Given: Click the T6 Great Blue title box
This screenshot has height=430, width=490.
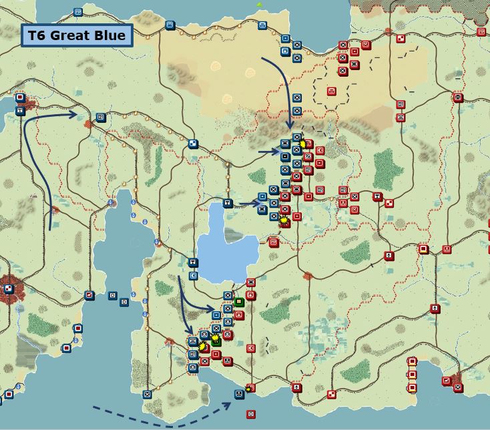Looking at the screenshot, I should click(77, 35).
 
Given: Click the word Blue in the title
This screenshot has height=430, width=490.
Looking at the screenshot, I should click(110, 35).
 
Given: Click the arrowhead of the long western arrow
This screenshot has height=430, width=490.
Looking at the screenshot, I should click(76, 115).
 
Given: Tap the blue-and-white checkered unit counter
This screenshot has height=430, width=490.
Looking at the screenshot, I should click(193, 144).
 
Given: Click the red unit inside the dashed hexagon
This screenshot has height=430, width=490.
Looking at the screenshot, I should click(331, 91).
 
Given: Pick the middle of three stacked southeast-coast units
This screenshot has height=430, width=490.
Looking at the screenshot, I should click(412, 375).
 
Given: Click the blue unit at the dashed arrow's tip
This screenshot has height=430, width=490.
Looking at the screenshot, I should click(239, 395).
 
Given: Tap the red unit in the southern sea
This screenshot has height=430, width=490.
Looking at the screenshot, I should click(251, 414).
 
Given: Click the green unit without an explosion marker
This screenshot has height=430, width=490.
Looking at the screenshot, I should click(239, 302).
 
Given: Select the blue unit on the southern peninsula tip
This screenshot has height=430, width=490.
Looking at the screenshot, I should click(148, 395).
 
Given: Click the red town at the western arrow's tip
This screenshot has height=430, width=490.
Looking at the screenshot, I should click(89, 123).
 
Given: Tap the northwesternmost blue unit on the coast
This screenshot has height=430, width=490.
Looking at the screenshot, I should click(78, 12).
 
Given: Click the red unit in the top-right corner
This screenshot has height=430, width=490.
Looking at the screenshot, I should click(481, 31).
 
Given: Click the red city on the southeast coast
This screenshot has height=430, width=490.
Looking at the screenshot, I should click(457, 382).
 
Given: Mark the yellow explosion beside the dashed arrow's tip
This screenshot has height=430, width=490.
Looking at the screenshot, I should click(249, 389).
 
